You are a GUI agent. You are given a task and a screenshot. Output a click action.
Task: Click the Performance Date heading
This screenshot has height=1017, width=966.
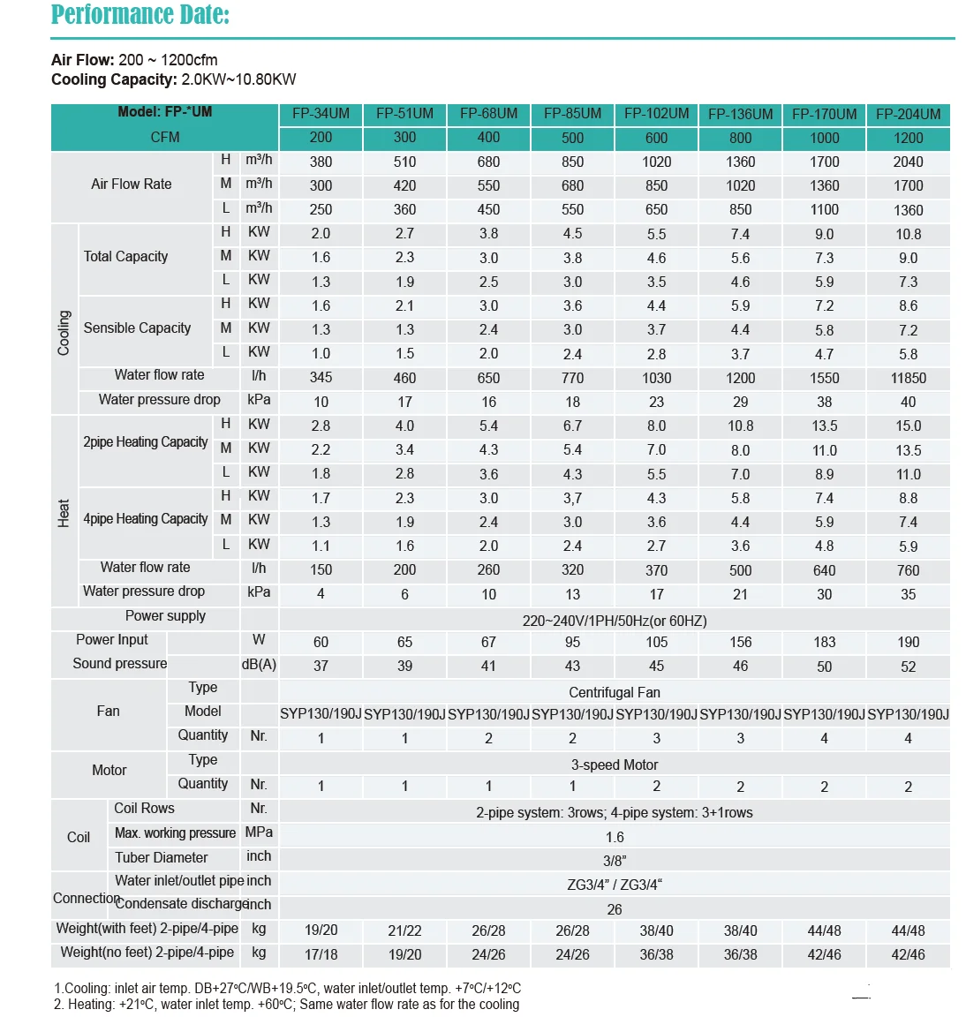140,15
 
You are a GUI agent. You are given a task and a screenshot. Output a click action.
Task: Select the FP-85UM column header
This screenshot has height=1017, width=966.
572,114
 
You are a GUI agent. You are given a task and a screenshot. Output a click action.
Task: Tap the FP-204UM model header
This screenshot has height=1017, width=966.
908,114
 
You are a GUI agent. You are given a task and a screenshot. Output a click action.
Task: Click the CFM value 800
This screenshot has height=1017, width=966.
740,138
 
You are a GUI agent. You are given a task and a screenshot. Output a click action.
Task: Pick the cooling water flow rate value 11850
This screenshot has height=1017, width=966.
908,378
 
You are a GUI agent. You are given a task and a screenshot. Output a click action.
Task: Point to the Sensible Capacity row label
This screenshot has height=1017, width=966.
137,328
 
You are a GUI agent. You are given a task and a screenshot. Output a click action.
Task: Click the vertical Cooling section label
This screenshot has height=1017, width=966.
64,333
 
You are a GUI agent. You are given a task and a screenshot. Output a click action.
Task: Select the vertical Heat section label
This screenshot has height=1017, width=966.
64,513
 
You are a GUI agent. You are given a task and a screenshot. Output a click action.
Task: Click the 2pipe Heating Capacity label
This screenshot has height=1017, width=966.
146,441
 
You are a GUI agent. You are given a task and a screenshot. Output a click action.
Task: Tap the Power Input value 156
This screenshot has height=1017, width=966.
740,642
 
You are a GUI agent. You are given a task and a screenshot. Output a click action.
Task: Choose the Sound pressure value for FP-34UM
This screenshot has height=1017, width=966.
321,666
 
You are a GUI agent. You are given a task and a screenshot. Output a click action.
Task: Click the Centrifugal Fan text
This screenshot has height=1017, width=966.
614,692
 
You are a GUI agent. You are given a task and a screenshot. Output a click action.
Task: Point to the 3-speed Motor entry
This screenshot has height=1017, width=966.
614,765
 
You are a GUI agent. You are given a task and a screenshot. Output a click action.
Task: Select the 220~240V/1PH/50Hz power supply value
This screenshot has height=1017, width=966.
614,621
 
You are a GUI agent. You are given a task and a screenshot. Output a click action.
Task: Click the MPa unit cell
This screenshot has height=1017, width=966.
259,832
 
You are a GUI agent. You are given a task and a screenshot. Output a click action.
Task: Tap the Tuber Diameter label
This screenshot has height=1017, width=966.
162,857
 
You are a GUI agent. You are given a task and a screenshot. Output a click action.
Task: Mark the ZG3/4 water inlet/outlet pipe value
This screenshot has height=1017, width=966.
614,885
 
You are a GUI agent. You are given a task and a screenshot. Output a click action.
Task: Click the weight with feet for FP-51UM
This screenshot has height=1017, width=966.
404,930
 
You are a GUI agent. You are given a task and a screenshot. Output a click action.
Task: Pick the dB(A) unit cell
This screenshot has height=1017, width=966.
259,664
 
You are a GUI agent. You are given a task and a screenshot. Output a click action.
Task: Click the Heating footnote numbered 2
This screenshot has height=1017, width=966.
286,1004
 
